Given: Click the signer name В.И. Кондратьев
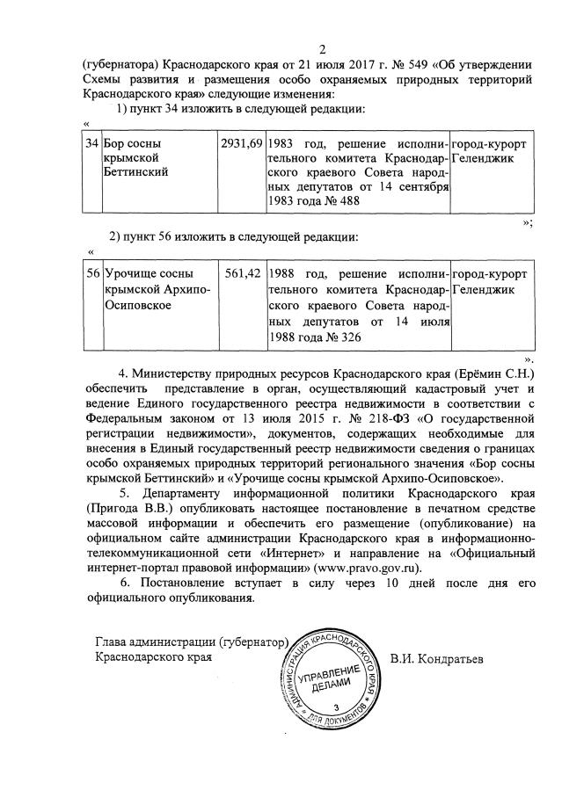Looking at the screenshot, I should click(x=435, y=657).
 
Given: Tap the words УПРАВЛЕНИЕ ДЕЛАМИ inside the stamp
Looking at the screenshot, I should click(x=337, y=677).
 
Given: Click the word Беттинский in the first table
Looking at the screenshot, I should click(x=137, y=172).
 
